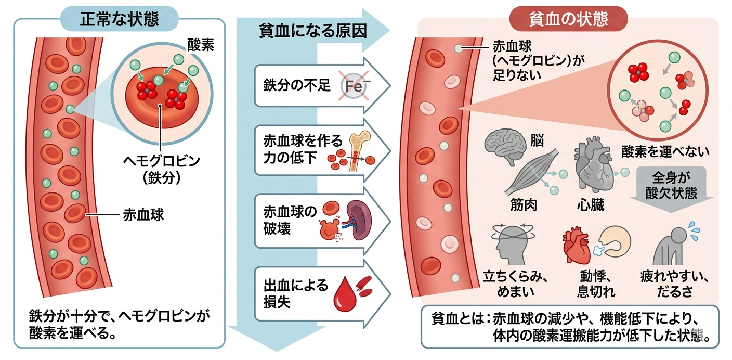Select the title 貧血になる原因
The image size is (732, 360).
pyautogui.click(x=313, y=31)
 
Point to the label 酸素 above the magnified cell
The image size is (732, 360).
pyautogui.click(x=201, y=45)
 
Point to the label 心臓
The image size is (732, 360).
pyautogui.click(x=591, y=205)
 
